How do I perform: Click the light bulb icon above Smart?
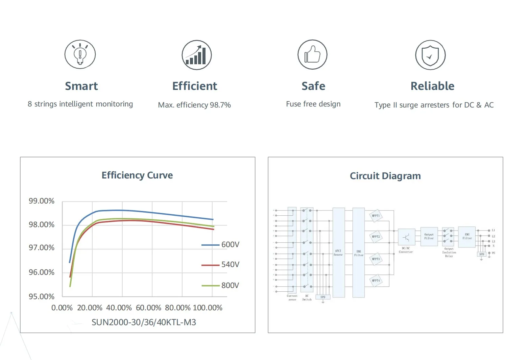pos(80,54)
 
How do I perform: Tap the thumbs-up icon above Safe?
pos(312,54)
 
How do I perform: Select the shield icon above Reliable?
pos(430,55)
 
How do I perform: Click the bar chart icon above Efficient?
pos(196,55)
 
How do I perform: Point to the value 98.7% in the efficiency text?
pos(220,105)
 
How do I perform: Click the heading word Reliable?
pos(432,86)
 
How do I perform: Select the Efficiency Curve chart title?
pos(137,175)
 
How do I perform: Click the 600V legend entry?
pos(221,245)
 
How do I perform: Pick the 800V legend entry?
pos(221,286)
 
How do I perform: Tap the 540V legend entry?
pos(221,265)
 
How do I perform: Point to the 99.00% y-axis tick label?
pos(42,201)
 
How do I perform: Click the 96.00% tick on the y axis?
pos(42,272)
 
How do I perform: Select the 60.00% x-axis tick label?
pos(148,308)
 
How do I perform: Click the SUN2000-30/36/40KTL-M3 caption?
pos(144,322)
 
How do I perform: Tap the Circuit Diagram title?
pos(385,176)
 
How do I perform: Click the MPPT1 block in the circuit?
pos(376,216)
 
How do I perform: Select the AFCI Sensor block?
pos(338,253)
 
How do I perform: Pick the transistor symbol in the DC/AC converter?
pos(406,237)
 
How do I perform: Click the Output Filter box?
pos(429,236)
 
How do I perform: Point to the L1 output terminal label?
pos(493,230)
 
